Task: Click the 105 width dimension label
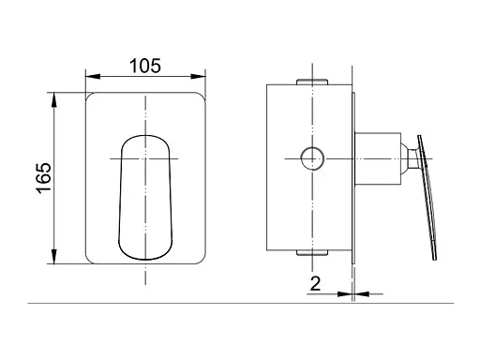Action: [145, 66]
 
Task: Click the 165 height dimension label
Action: [43, 178]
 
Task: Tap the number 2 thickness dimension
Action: [315, 284]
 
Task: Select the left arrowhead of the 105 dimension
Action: [93, 76]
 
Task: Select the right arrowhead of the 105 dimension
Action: [198, 76]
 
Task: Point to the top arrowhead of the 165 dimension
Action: [54, 100]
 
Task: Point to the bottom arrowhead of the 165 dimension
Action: [54, 256]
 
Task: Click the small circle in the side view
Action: [312, 158]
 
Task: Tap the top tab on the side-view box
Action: [312, 82]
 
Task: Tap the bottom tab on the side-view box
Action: [312, 253]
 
